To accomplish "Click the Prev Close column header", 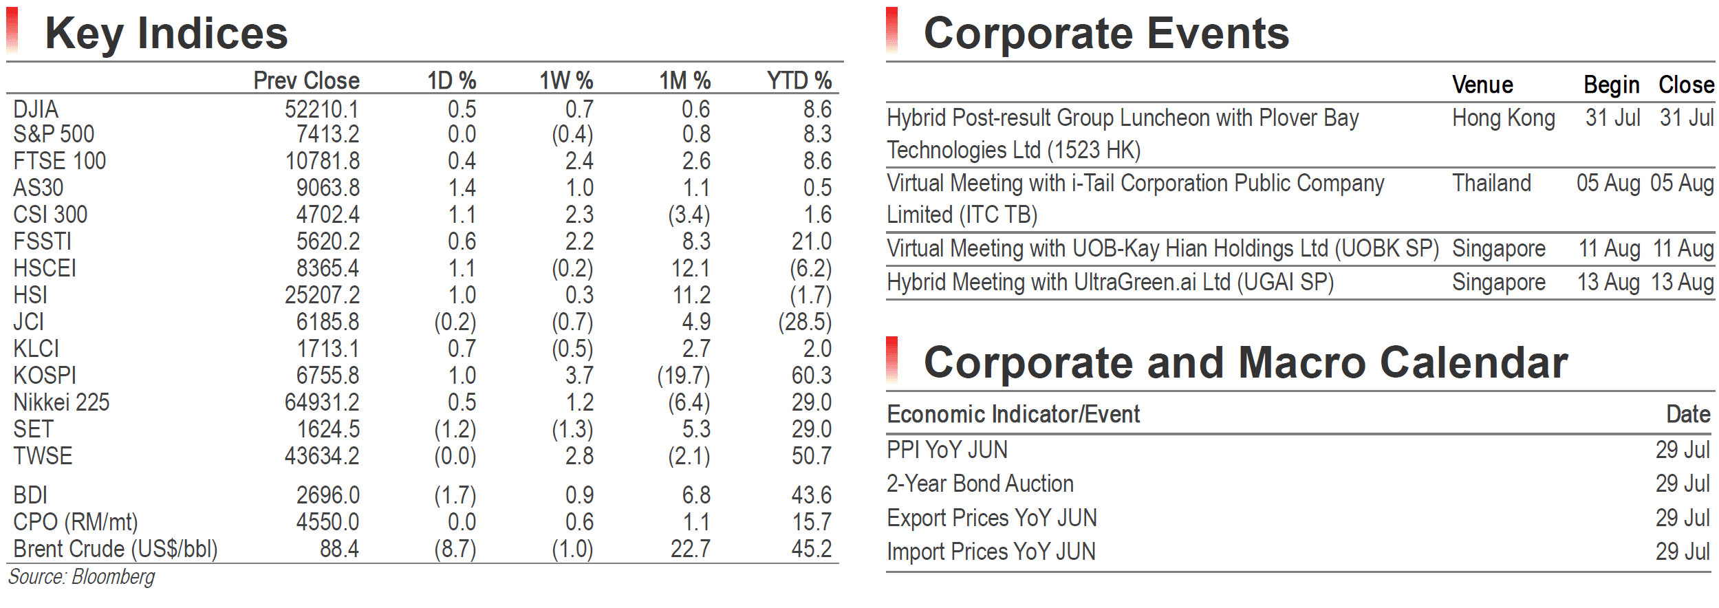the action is [x=306, y=81].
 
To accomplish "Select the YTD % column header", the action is [x=799, y=81].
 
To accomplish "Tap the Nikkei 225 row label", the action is [x=61, y=402].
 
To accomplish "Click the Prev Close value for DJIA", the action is [x=322, y=109].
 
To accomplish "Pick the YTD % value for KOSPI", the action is [x=812, y=376].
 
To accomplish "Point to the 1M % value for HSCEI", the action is [x=691, y=268].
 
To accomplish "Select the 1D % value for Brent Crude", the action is [x=455, y=549].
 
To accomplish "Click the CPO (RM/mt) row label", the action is [x=76, y=522].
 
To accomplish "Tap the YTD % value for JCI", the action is [x=805, y=322].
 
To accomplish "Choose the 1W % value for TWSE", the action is [x=580, y=456].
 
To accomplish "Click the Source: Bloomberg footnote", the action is [x=81, y=576].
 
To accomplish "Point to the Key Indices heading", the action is [x=166, y=33].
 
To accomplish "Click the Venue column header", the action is [x=1482, y=85].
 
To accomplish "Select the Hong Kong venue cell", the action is [x=1504, y=118].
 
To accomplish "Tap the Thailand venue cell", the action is [x=1492, y=183].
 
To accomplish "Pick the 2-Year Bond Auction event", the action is [x=980, y=484].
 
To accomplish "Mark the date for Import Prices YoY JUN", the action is [x=1683, y=552].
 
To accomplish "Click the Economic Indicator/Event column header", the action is [x=1013, y=414].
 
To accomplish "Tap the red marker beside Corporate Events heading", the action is [x=892, y=30].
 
